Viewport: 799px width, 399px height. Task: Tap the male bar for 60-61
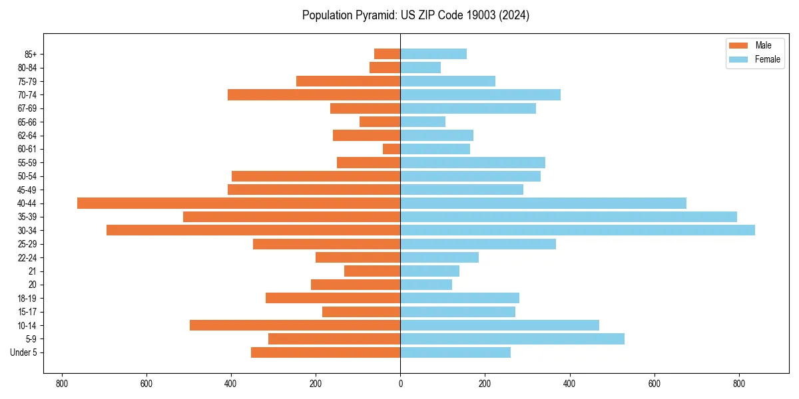392,149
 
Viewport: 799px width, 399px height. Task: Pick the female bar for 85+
433,54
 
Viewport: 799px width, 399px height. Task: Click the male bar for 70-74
314,94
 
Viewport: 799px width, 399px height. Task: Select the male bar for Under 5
326,352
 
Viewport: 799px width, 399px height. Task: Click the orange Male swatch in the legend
738,45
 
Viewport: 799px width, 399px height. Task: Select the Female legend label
768,59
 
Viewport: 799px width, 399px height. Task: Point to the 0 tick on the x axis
400,384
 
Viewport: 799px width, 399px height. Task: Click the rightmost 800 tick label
738,384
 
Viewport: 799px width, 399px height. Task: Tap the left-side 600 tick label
146,384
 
